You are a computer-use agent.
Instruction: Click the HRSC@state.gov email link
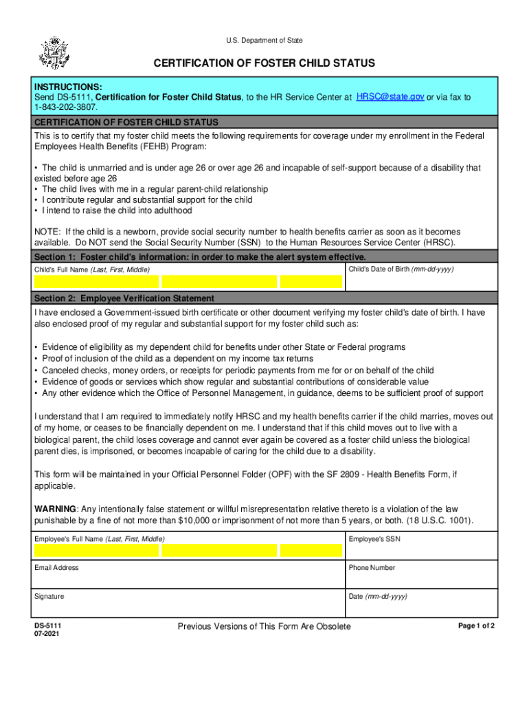coord(390,97)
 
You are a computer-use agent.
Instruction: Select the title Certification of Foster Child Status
coord(264,63)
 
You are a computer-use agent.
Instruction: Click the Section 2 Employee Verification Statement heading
coord(124,298)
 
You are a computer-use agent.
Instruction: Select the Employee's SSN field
coord(421,551)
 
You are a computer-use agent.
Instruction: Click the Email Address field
coord(188,578)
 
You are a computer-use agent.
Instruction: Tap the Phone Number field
coord(421,578)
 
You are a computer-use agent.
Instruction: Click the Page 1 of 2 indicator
coord(476,626)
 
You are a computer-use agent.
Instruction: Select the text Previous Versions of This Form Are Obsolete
coord(264,626)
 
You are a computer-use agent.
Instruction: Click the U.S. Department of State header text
coord(264,41)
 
